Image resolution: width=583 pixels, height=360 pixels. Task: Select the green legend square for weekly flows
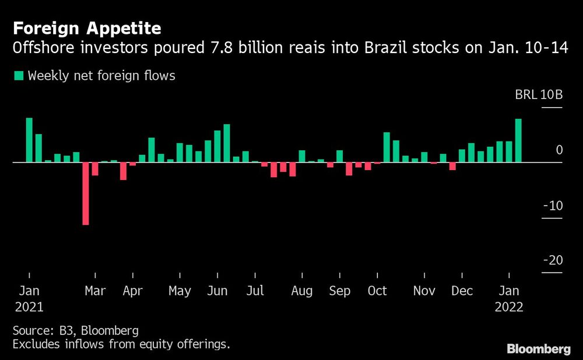18,75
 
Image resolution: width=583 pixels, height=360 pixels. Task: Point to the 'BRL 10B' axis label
539,95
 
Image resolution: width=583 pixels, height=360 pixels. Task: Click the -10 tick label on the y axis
552,206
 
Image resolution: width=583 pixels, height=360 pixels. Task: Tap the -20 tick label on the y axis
552,260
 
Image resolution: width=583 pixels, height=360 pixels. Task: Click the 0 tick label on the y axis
559,150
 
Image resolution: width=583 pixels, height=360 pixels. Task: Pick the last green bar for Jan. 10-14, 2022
518,140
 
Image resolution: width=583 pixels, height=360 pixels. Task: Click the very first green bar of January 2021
29,140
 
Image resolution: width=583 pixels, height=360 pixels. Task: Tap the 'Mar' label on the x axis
94,291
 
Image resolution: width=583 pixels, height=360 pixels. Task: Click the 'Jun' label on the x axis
217,291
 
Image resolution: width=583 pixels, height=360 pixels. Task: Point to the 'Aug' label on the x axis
301,291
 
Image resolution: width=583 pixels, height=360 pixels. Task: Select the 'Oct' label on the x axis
377,291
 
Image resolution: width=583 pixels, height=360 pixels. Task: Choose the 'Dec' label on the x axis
462,291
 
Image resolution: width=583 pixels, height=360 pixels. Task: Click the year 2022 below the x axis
510,307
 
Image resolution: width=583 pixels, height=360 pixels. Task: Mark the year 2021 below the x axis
29,307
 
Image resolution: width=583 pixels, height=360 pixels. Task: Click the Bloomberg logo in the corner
538,350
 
